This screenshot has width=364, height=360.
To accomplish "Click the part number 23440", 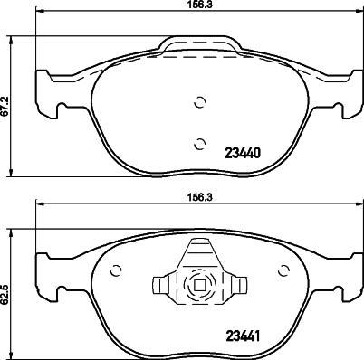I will click(242, 153).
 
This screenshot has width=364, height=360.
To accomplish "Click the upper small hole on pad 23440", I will click(200, 102).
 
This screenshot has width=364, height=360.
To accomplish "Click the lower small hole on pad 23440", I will click(200, 140).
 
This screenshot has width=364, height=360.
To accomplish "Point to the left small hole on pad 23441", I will click(115, 269).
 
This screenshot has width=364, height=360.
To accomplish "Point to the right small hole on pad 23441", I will click(285, 269).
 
